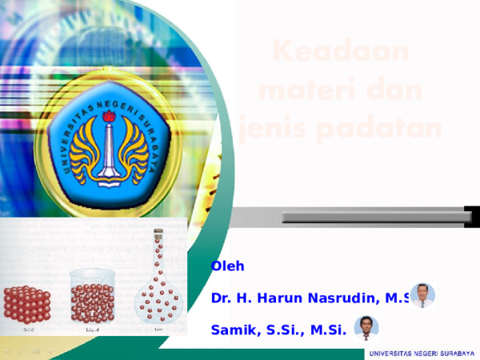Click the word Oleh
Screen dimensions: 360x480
(228, 266)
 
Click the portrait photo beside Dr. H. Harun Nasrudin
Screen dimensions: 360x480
(422, 294)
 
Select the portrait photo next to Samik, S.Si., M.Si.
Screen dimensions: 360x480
(366, 328)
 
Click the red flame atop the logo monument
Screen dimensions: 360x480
(110, 118)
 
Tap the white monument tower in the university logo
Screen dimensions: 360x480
(110, 152)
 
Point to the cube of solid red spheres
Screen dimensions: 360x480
(27, 304)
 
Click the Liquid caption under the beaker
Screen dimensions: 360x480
(93, 328)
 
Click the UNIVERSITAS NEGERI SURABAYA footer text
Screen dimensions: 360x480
(421, 354)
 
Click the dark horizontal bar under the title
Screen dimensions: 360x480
(376, 216)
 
